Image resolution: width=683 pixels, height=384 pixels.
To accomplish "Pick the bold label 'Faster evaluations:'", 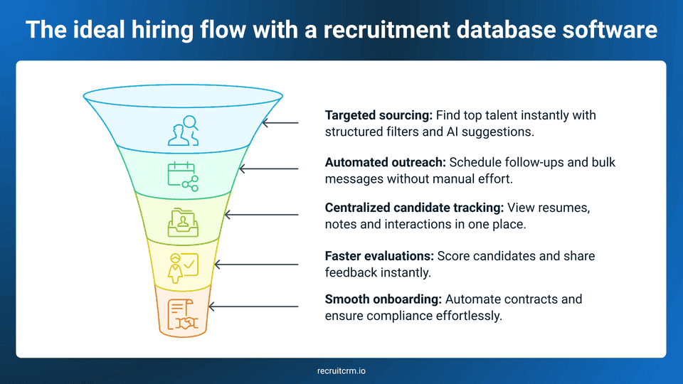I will click(379, 255).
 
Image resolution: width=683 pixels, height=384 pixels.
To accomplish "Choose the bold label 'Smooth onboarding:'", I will click(381, 299).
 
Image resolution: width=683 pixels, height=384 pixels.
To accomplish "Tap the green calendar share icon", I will click(183, 176).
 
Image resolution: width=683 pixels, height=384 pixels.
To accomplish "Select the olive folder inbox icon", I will click(183, 222).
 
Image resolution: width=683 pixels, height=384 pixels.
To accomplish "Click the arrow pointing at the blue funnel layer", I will click(280, 122).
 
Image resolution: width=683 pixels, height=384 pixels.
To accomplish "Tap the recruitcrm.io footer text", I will click(341, 370).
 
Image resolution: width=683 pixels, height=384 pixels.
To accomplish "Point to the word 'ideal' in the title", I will click(95, 30).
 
